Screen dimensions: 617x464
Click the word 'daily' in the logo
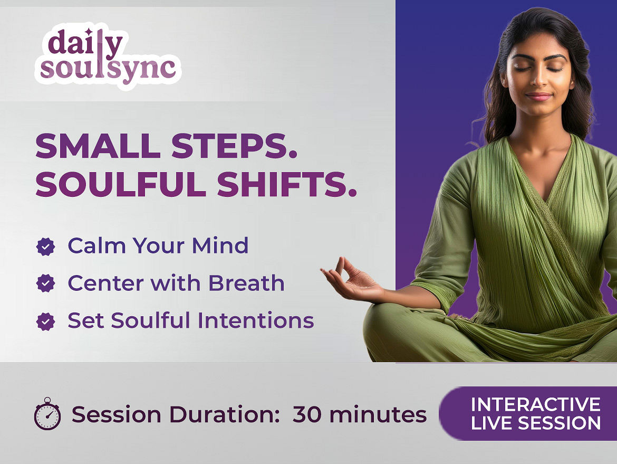click(x=85, y=43)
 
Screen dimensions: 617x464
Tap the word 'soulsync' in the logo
click(x=108, y=69)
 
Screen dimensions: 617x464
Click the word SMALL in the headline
click(x=98, y=146)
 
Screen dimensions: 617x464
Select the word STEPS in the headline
click(x=234, y=146)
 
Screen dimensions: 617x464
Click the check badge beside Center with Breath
click(x=46, y=283)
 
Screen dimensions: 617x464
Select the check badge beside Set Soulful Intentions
click(x=46, y=321)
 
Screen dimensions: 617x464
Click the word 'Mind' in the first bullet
click(x=220, y=245)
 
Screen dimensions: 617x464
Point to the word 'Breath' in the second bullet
click(x=246, y=283)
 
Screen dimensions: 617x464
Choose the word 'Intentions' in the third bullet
click(x=256, y=320)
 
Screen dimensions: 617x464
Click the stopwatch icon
click(x=47, y=413)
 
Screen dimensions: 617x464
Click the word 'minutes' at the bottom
click(x=378, y=414)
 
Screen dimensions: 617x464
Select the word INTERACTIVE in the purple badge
click(x=536, y=404)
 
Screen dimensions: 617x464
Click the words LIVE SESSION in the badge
click(x=536, y=423)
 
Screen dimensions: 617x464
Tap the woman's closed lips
click(x=538, y=97)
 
